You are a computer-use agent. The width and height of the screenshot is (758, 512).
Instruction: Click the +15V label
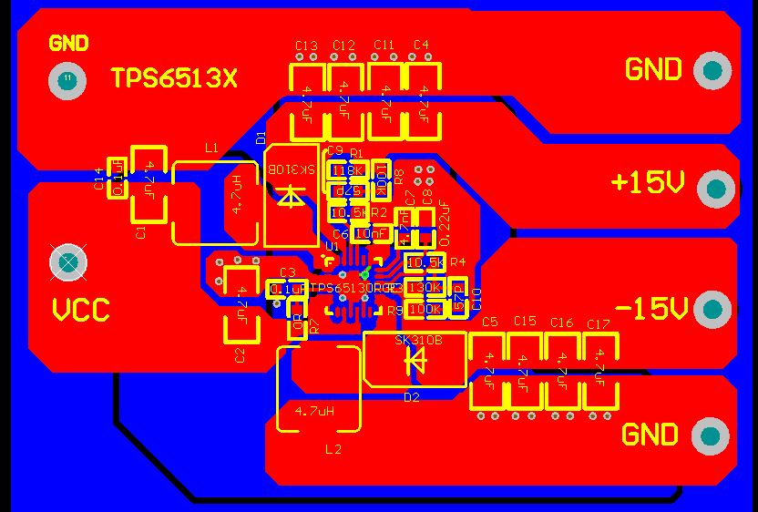(x=647, y=183)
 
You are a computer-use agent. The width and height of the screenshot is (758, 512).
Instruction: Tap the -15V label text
(x=650, y=309)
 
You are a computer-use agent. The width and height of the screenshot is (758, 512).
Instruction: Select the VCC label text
(x=80, y=311)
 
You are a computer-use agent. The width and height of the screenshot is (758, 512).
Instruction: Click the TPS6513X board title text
(x=173, y=79)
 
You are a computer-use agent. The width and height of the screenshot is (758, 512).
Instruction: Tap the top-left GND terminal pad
(x=67, y=80)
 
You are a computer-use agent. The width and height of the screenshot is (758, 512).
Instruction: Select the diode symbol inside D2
(x=415, y=362)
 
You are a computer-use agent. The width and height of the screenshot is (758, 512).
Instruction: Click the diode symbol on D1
(x=291, y=197)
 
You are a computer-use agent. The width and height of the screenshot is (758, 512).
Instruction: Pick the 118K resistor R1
(x=347, y=170)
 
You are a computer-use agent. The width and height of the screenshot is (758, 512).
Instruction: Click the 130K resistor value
(x=425, y=288)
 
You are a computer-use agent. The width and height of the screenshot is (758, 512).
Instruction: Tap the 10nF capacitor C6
(x=370, y=234)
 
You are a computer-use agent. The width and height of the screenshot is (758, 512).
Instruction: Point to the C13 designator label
(x=306, y=46)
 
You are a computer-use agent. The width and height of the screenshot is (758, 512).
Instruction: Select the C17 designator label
(x=598, y=323)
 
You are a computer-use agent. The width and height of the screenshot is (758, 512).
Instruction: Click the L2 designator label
(x=333, y=449)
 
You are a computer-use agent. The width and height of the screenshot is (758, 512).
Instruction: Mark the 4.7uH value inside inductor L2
(x=314, y=411)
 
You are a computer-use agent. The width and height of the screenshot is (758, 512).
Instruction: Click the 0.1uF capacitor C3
(x=288, y=289)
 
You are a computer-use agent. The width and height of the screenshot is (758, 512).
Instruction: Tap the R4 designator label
(x=457, y=262)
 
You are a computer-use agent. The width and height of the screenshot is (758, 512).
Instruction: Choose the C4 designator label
(x=420, y=45)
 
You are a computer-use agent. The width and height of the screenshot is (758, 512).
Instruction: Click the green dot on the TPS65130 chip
(x=364, y=274)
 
